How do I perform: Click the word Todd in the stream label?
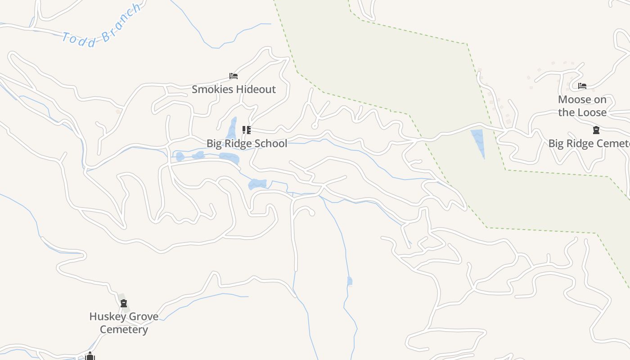(x=79, y=40)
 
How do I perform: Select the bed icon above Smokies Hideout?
(x=233, y=76)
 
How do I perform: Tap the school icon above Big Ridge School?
(x=246, y=130)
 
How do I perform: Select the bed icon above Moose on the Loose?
(x=582, y=86)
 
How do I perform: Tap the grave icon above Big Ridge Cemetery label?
(x=596, y=130)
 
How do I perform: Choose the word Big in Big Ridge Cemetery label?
(x=556, y=144)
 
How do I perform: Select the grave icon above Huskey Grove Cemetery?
(x=124, y=303)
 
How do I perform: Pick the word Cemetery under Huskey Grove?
(x=124, y=329)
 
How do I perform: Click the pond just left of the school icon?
(x=232, y=128)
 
